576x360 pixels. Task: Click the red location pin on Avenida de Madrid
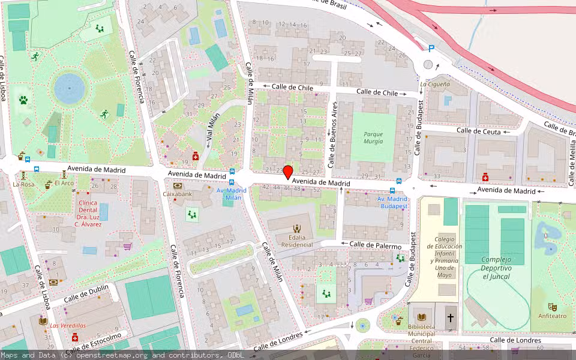(x=288, y=172)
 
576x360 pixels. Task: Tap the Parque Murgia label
(x=373, y=138)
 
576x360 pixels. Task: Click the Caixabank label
(x=178, y=194)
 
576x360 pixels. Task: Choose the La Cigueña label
(x=434, y=85)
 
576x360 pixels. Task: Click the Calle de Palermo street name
(x=375, y=245)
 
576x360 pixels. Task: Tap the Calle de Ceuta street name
(x=478, y=130)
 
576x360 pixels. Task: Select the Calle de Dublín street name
(x=86, y=293)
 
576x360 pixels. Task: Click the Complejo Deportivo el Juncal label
(x=496, y=268)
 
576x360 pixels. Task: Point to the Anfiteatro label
(x=551, y=316)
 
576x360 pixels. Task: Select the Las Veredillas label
(x=67, y=326)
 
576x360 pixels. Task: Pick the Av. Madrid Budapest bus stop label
(x=392, y=202)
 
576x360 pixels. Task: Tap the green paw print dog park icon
(x=23, y=100)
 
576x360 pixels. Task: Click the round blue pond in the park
(x=70, y=88)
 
